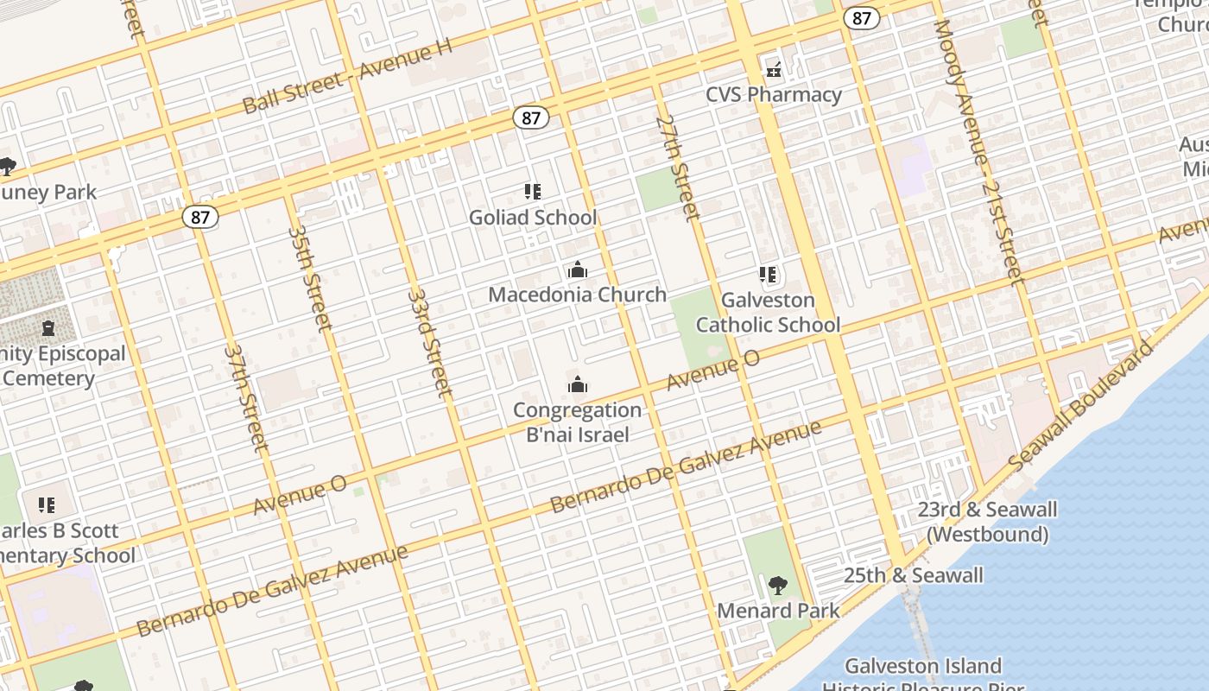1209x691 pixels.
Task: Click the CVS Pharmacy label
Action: tap(773, 94)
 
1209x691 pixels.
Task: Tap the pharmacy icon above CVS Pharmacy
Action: tap(773, 69)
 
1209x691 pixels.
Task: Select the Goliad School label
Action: tap(532, 218)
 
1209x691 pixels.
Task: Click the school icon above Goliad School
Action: tap(532, 192)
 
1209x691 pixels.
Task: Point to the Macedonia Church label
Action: tap(577, 295)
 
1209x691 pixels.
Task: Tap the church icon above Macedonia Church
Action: tap(577, 270)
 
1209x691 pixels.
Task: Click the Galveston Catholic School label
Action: tap(768, 313)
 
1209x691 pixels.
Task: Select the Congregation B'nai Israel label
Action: tap(577, 422)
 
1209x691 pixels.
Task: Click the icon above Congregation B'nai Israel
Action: tap(577, 384)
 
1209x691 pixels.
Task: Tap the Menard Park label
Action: tap(778, 611)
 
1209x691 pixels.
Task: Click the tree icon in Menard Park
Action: tap(778, 586)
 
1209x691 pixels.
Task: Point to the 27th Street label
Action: tap(676, 167)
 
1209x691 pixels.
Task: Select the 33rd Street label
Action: tap(429, 342)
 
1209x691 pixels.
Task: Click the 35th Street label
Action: tap(309, 278)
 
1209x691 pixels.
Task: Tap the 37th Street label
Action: tap(246, 397)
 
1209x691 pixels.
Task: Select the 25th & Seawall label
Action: tap(913, 575)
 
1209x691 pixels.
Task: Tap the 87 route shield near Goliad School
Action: tap(530, 118)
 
